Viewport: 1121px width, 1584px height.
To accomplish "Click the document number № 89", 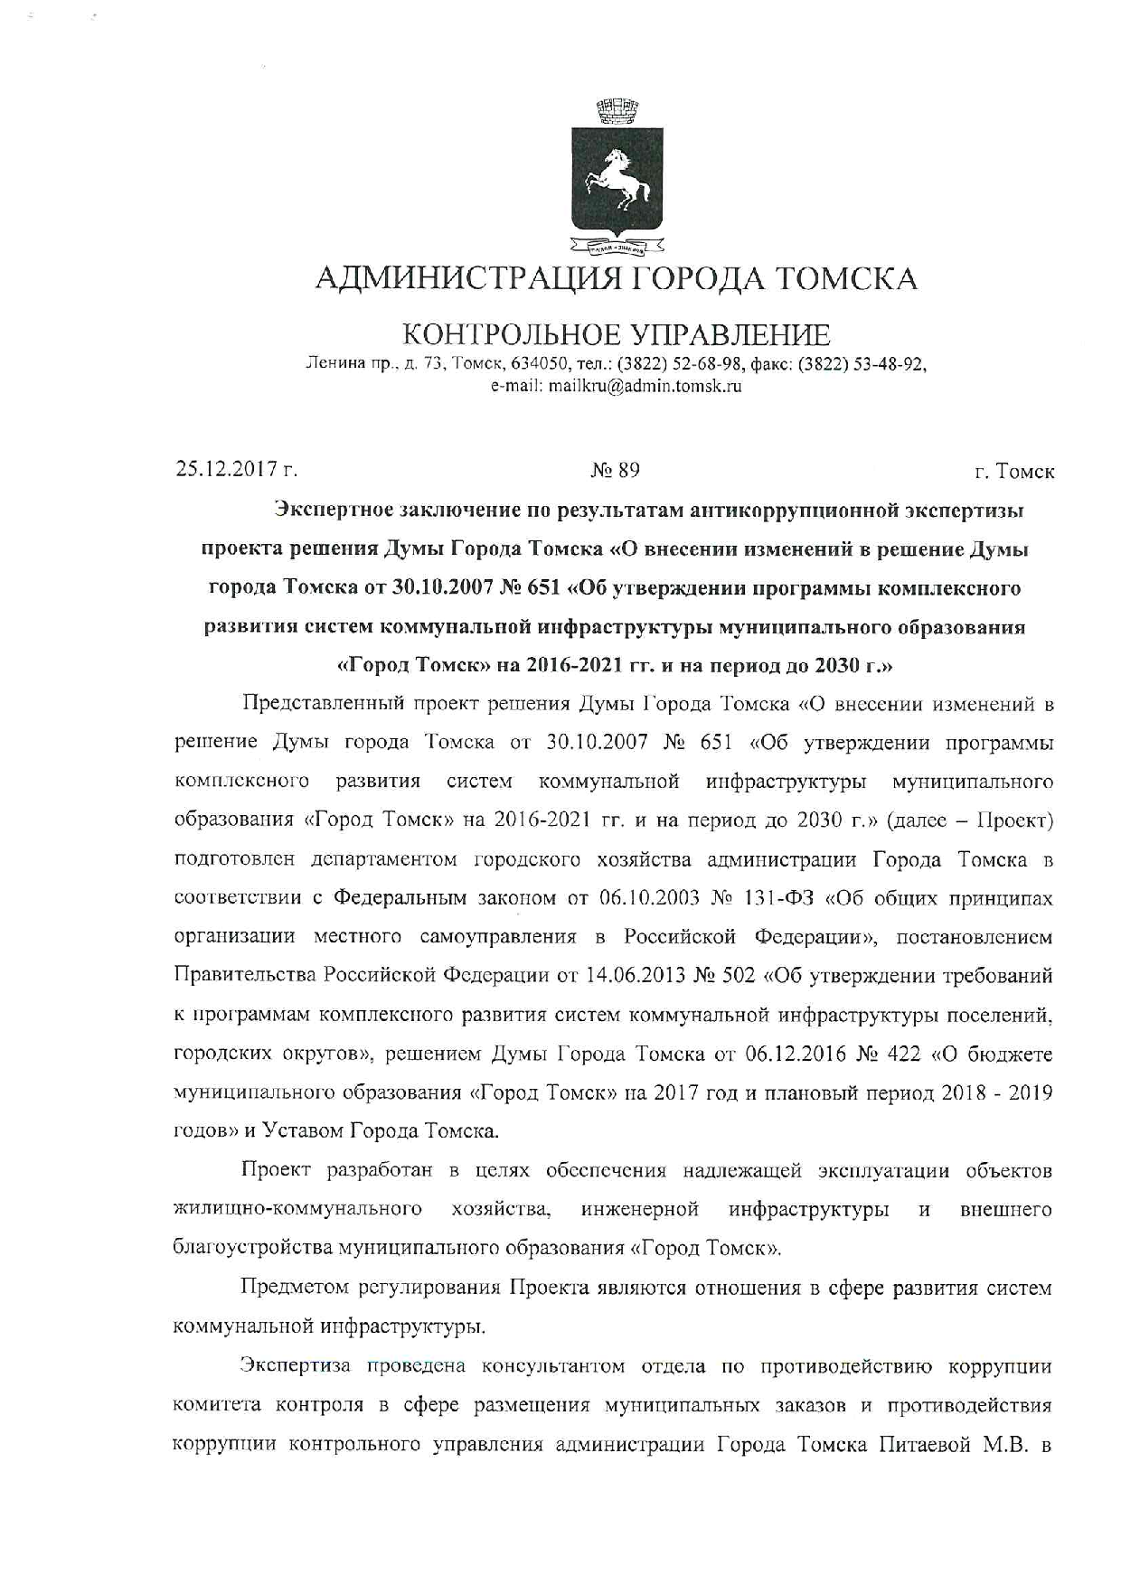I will pos(615,470).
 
